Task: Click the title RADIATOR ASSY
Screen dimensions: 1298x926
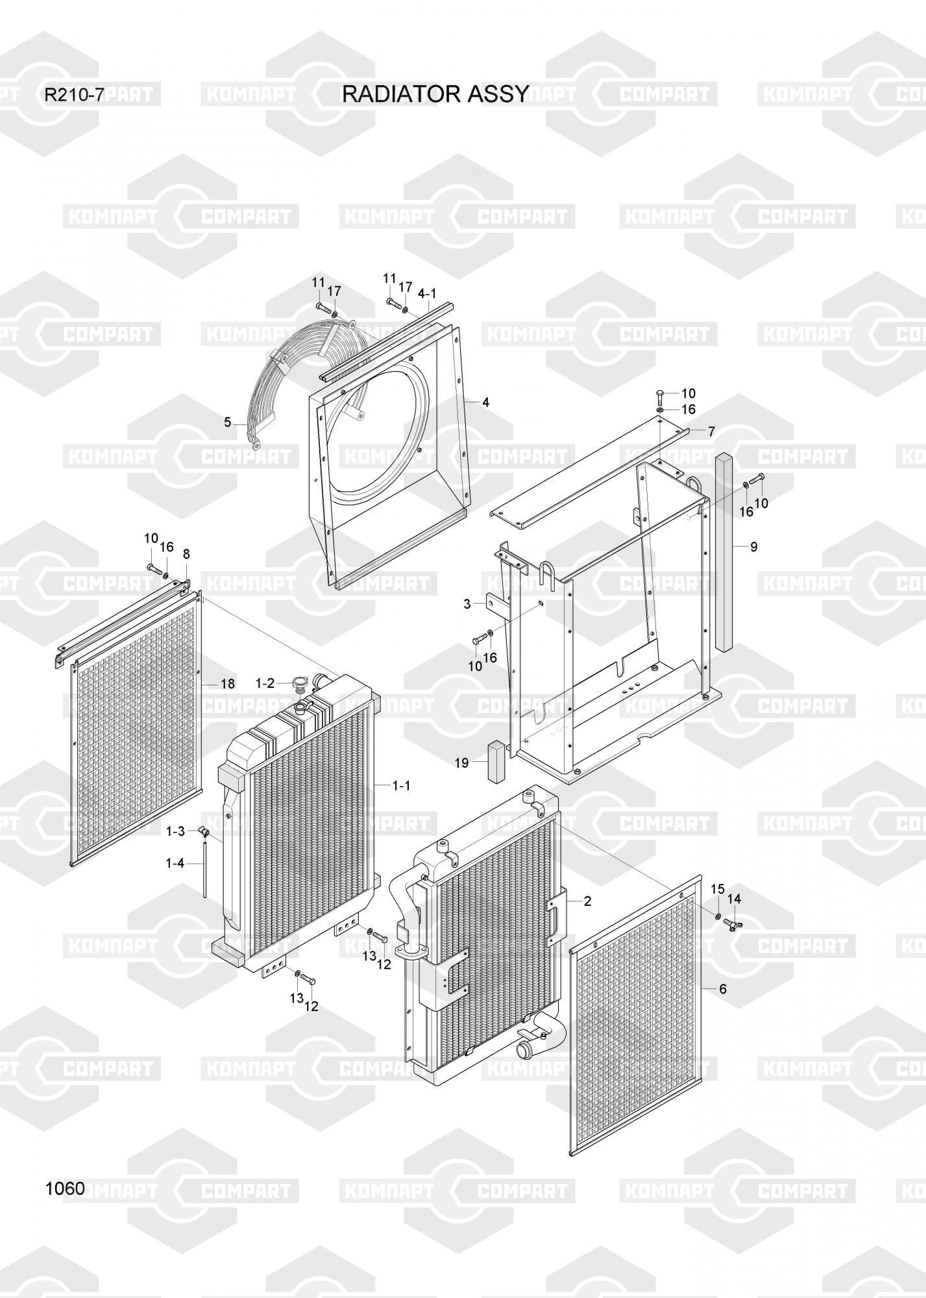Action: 435,95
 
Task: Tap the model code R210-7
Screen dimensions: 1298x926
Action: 73,95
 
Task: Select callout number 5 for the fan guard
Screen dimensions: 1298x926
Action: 227,422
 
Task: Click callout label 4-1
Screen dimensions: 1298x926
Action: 426,293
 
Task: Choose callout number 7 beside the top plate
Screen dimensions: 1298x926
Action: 711,431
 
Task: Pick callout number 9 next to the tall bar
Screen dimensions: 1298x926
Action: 753,546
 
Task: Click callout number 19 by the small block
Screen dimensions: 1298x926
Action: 461,763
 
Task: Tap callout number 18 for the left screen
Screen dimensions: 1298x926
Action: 227,683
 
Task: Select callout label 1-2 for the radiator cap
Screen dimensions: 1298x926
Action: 265,683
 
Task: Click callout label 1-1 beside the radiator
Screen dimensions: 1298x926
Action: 402,785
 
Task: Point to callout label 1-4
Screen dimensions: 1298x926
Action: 175,863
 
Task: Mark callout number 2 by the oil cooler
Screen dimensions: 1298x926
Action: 587,900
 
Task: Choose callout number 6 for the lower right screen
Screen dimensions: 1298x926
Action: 722,989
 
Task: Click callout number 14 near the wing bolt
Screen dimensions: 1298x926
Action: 734,899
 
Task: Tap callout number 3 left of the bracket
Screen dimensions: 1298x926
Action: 467,604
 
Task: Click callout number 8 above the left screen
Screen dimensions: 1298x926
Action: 186,554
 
